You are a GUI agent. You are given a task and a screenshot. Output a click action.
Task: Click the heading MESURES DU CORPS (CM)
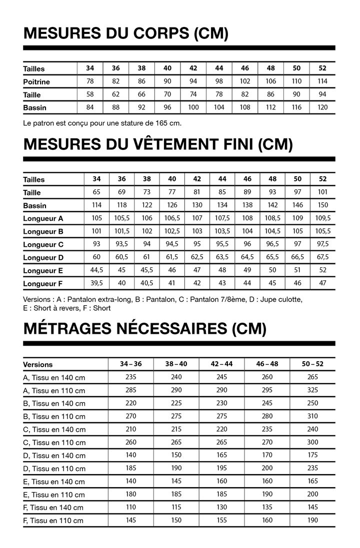(125, 33)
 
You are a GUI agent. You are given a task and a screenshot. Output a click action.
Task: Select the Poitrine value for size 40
(167, 81)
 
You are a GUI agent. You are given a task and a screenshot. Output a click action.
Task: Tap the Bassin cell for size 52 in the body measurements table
(322, 107)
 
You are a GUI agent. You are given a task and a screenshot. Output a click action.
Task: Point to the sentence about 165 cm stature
(102, 122)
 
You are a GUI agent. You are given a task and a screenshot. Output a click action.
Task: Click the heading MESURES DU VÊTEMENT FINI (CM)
(157, 144)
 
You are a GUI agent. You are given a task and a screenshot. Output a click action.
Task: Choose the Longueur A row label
(43, 218)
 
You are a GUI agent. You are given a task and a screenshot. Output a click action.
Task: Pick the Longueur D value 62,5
(197, 257)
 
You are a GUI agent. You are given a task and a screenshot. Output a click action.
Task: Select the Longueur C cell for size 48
(272, 244)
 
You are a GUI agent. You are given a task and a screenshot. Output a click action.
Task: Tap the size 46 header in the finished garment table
(247, 179)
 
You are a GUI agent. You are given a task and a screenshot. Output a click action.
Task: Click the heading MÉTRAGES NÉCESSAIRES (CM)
(144, 329)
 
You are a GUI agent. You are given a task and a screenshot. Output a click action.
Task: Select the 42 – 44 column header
(221, 364)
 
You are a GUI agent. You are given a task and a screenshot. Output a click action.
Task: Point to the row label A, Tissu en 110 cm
(54, 391)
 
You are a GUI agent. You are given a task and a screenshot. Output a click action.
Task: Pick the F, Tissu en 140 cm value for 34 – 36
(131, 507)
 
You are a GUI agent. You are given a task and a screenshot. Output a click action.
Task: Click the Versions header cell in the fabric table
(37, 365)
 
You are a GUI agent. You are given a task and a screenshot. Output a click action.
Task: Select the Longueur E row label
(43, 270)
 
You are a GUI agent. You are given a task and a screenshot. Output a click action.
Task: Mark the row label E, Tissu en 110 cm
(54, 495)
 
